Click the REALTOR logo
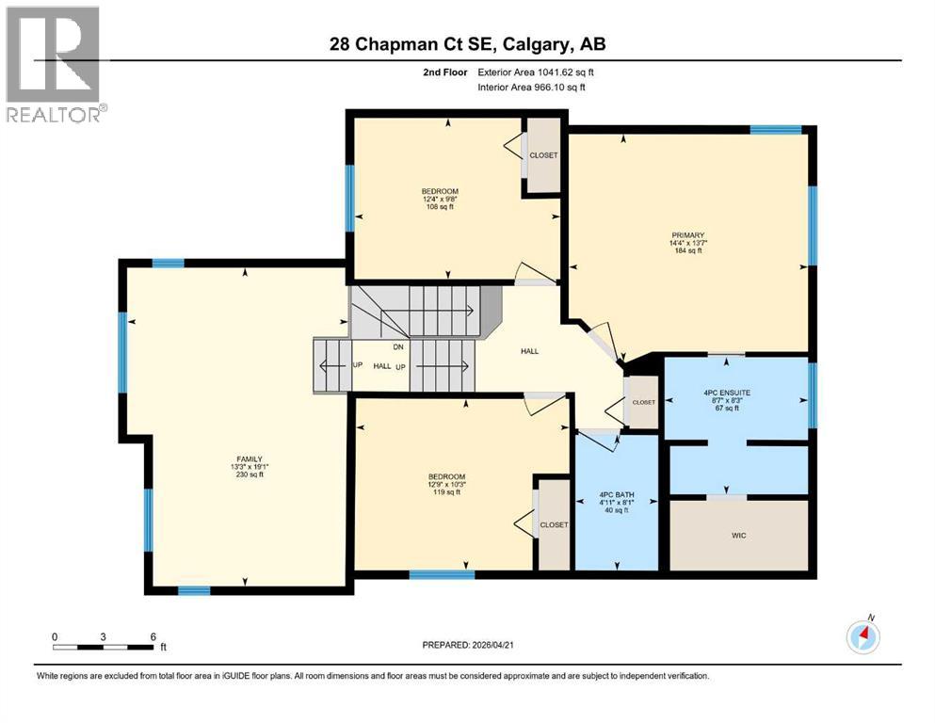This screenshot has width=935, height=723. pos(54,63)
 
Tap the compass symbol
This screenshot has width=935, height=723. pos(862,636)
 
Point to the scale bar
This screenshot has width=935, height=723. pos(104,647)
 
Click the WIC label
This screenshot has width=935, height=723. pos(739,535)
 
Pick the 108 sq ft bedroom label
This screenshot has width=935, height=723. pos(440,200)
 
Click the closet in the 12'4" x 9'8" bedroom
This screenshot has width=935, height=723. pos(543,155)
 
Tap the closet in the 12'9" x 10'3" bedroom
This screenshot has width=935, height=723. pos(554,524)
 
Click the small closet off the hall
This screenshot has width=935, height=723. pos(643,402)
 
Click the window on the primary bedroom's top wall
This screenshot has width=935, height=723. pos(775,130)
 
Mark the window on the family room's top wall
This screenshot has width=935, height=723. pos(168,264)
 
